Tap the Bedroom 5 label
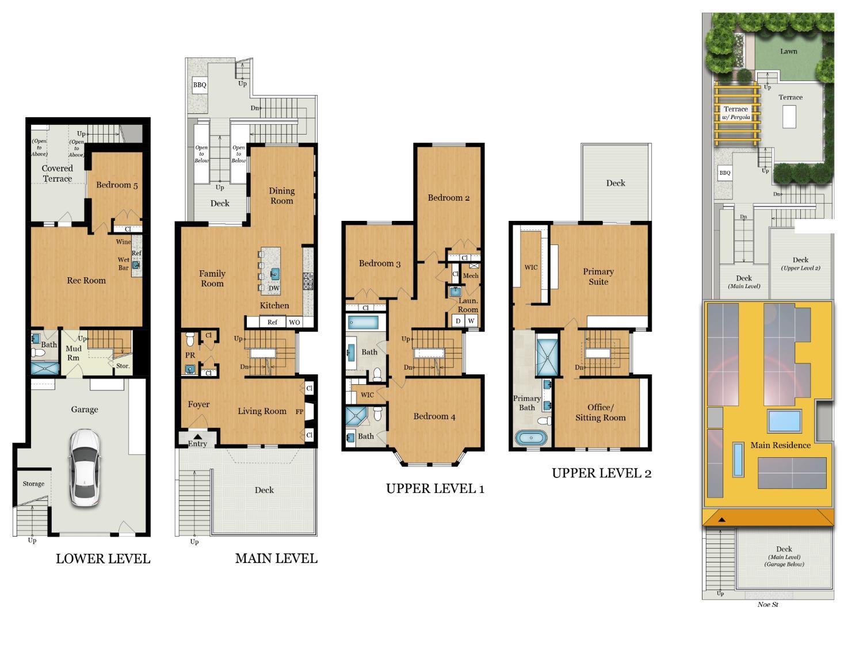pyautogui.click(x=117, y=185)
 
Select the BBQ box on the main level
pyautogui.click(x=200, y=85)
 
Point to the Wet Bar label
pyautogui.click(x=124, y=263)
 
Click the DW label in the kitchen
pyautogui.click(x=274, y=288)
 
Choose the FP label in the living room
pyautogui.click(x=300, y=412)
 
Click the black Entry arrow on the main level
pyautogui.click(x=197, y=437)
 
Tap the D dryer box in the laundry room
pyautogui.click(x=458, y=321)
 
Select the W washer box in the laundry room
pyautogui.click(x=471, y=321)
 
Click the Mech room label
pyautogui.click(x=471, y=276)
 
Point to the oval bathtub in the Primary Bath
pyautogui.click(x=531, y=438)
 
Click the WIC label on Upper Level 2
pyautogui.click(x=531, y=267)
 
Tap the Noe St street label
pyautogui.click(x=767, y=604)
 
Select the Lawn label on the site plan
pyautogui.click(x=789, y=51)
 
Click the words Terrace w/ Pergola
pyautogui.click(x=736, y=113)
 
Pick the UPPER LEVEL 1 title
pyautogui.click(x=435, y=488)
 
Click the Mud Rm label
pyautogui.click(x=74, y=353)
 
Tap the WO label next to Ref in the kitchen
pyautogui.click(x=295, y=322)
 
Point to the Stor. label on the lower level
pyautogui.click(x=123, y=366)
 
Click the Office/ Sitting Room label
pyautogui.click(x=601, y=412)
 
